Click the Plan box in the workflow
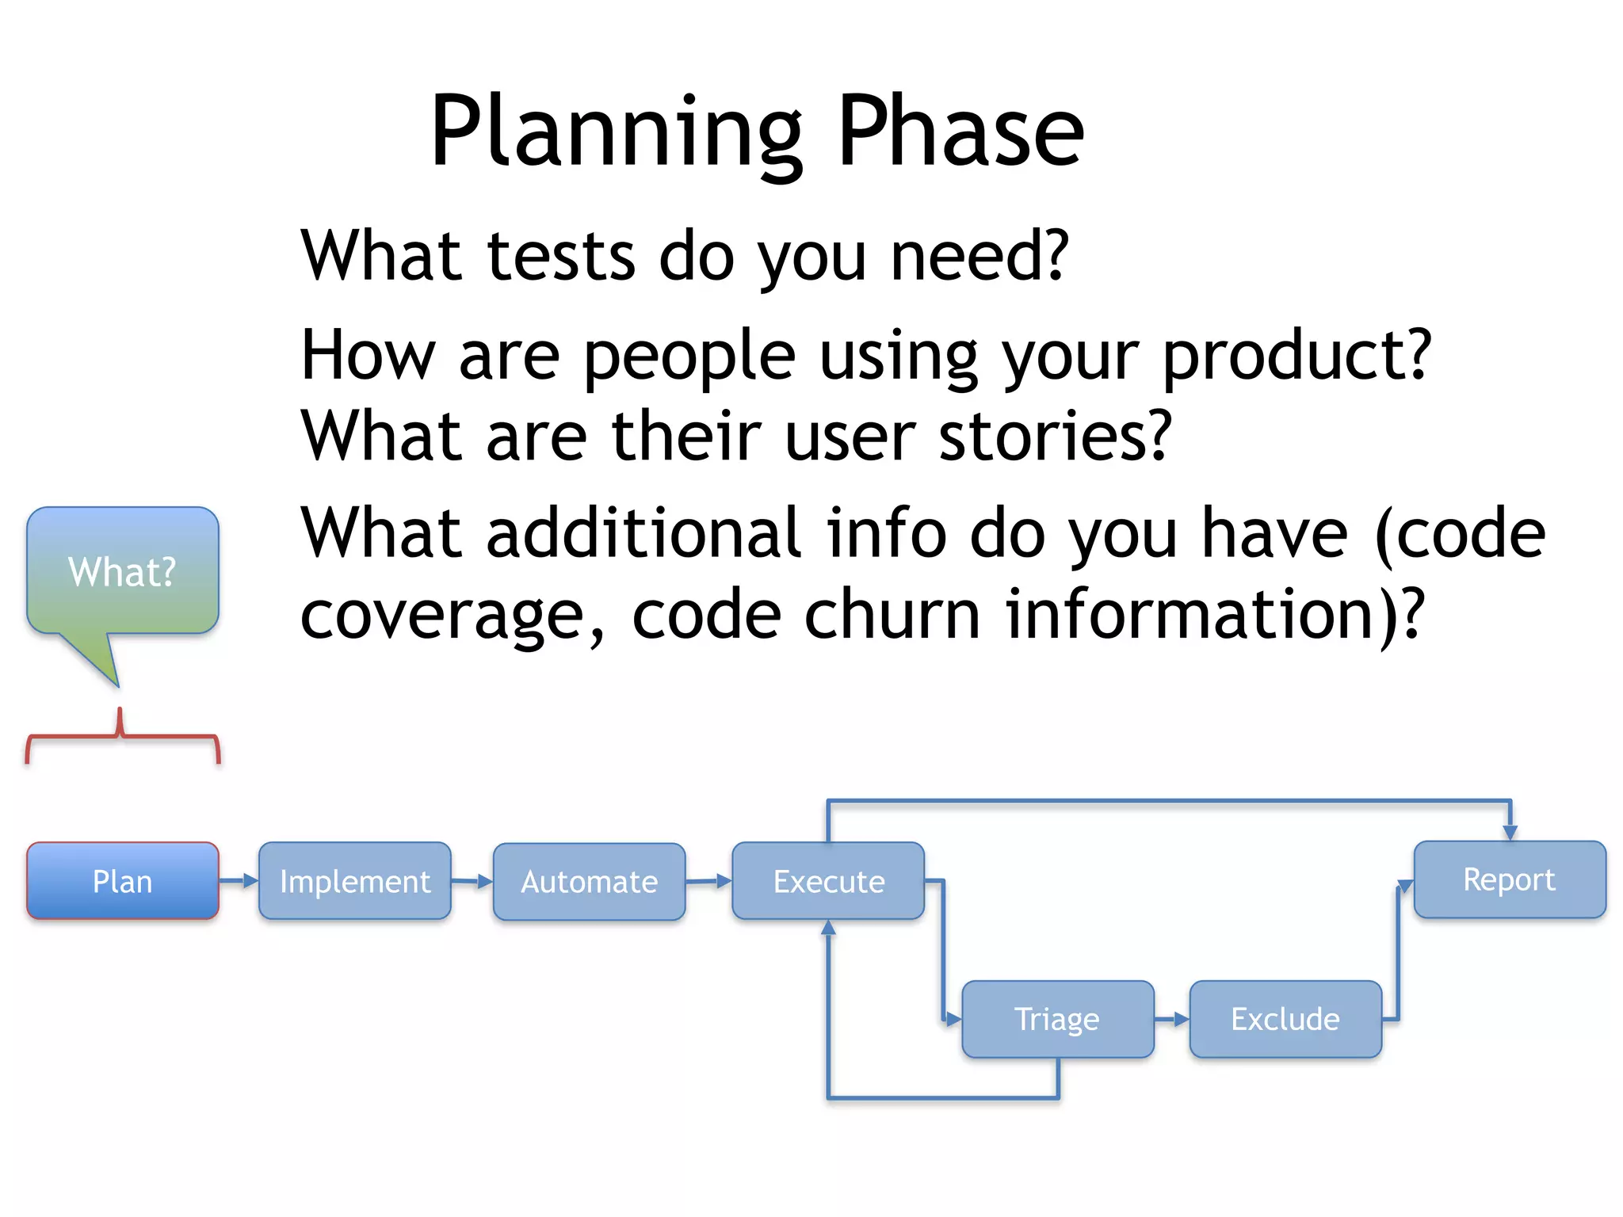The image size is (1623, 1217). [x=122, y=881]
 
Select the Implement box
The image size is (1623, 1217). [x=354, y=881]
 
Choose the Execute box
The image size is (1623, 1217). [x=828, y=881]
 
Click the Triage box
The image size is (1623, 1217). [x=1057, y=1019]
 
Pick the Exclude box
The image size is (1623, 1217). [x=1285, y=1019]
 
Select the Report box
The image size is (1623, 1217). [x=1509, y=879]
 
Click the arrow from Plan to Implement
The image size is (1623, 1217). [x=239, y=880]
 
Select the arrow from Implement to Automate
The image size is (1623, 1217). [x=472, y=881]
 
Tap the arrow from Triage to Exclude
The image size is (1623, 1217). [x=1172, y=1019]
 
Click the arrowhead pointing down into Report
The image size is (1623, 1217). [x=1510, y=831]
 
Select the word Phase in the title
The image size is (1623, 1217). [x=960, y=131]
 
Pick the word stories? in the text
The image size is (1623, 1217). [x=1055, y=435]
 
